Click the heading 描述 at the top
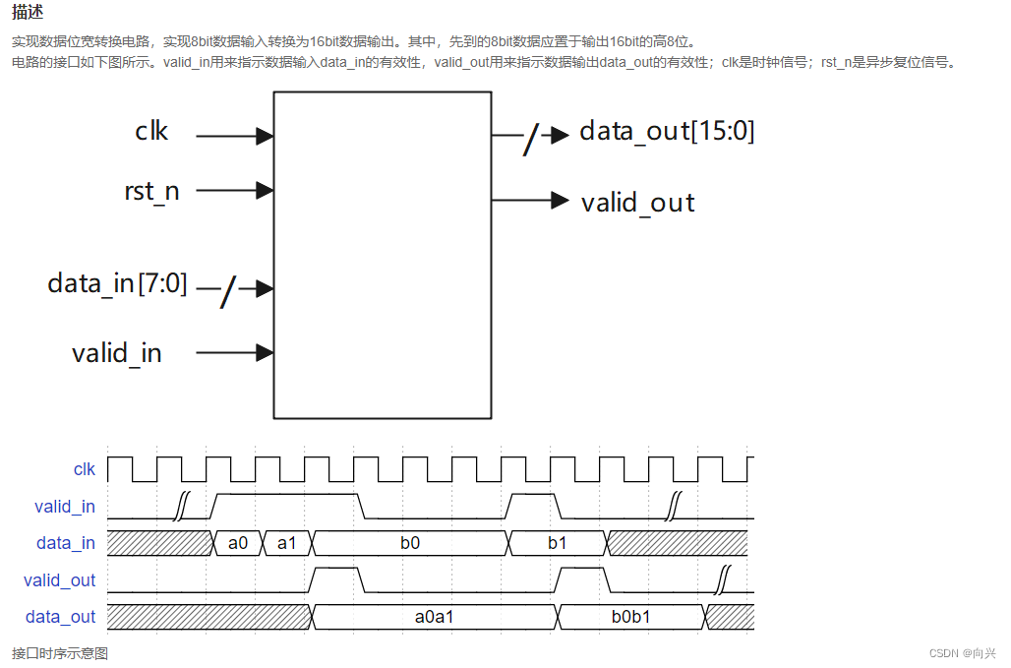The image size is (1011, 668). coord(28,13)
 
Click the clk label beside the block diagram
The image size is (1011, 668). coord(151,131)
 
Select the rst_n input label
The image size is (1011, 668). coord(151,190)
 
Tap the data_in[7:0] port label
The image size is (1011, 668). coord(117,283)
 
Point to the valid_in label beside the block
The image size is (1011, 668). coord(117,352)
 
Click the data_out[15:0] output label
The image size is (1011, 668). coord(667,131)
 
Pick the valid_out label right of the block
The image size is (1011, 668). coord(637,203)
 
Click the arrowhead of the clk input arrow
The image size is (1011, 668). coord(264,136)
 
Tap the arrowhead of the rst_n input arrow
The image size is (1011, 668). coord(264,190)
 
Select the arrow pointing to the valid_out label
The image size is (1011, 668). coord(560,201)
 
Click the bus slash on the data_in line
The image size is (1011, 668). coord(228,290)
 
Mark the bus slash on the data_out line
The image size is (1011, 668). coord(531,139)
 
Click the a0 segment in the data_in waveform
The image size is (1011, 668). coord(238,543)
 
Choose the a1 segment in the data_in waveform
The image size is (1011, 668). coord(287,543)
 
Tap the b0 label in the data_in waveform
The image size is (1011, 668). coord(410,543)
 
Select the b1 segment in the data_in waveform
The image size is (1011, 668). coord(557,543)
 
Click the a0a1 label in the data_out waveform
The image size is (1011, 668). coord(434,617)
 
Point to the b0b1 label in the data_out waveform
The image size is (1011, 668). coord(630,617)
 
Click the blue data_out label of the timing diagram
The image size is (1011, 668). coord(61,617)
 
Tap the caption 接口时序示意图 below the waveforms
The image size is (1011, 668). coord(60,653)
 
